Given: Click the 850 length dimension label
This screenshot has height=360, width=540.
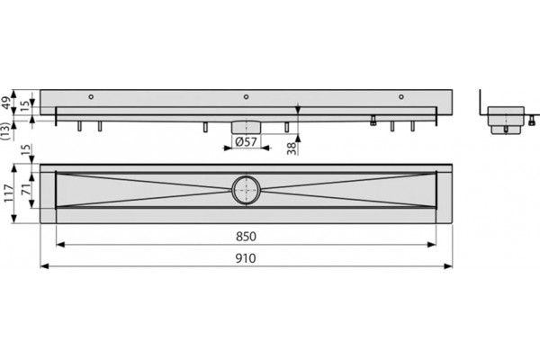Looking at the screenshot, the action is click(x=246, y=237).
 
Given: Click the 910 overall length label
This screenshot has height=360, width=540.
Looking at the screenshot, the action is click(x=246, y=258).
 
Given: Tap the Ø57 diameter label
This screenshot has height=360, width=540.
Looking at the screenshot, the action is click(x=246, y=141).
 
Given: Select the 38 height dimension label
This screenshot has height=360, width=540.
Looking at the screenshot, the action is click(x=292, y=148).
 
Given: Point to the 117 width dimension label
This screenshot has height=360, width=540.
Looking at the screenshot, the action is click(x=8, y=193).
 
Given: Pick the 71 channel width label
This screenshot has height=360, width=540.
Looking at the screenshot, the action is click(x=26, y=189).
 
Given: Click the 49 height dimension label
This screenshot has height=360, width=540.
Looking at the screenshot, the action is click(x=7, y=103).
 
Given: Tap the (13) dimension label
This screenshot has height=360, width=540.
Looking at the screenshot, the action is click(x=4, y=130).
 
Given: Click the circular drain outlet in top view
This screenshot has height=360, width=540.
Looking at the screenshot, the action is click(x=246, y=190).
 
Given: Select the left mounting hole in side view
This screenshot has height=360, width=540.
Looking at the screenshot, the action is click(x=91, y=97).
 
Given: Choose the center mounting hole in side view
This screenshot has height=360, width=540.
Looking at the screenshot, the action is click(x=246, y=97).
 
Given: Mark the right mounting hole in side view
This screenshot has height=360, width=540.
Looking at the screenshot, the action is click(x=401, y=97).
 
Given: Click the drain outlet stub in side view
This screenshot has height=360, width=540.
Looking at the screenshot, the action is click(x=246, y=127).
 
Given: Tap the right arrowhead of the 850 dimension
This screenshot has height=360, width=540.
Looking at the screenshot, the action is click(x=431, y=245).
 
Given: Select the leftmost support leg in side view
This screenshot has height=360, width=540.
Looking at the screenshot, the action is click(x=79, y=126).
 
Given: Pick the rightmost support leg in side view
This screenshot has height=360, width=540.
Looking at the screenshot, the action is click(x=412, y=126).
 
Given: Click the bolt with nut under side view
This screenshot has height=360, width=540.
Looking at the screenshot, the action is click(x=373, y=121).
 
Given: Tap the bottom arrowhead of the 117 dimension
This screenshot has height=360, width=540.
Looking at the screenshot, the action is click(x=14, y=219).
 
